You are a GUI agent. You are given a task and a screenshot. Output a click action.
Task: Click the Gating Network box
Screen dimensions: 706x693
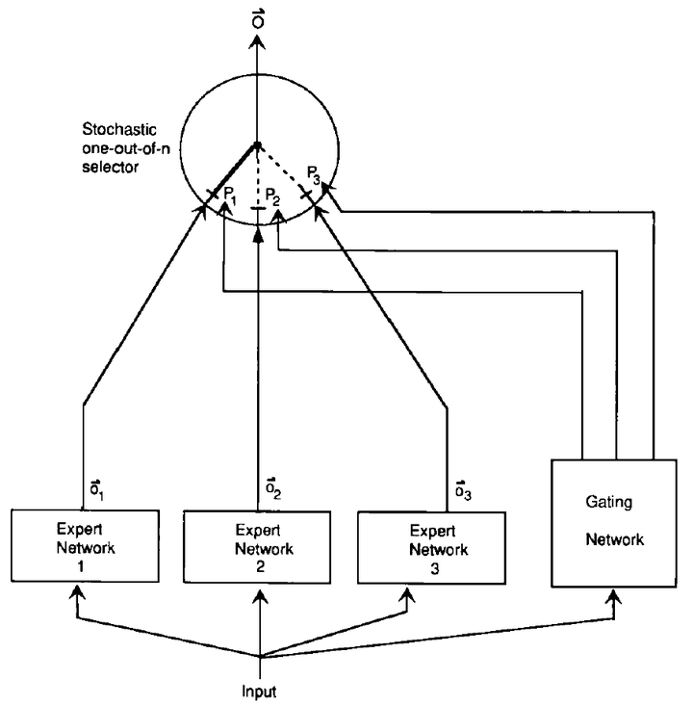(x=614, y=522)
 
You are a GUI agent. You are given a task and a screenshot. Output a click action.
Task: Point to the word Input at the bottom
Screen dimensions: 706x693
(x=260, y=690)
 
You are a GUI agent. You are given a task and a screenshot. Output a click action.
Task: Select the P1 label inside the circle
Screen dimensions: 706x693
(x=229, y=195)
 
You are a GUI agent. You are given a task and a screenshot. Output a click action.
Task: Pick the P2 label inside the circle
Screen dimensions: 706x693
(x=273, y=201)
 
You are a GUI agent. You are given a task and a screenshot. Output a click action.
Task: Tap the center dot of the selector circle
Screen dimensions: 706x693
(x=257, y=146)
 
